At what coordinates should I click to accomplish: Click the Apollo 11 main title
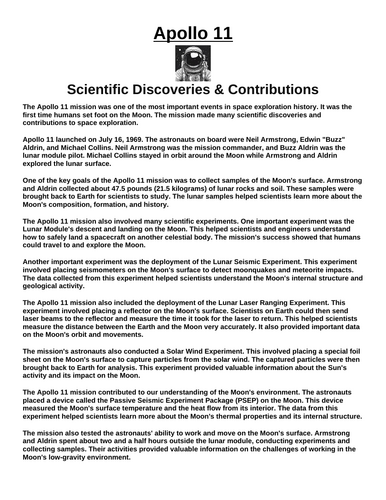tap(193, 37)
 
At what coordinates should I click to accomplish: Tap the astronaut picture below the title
tap(193, 65)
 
